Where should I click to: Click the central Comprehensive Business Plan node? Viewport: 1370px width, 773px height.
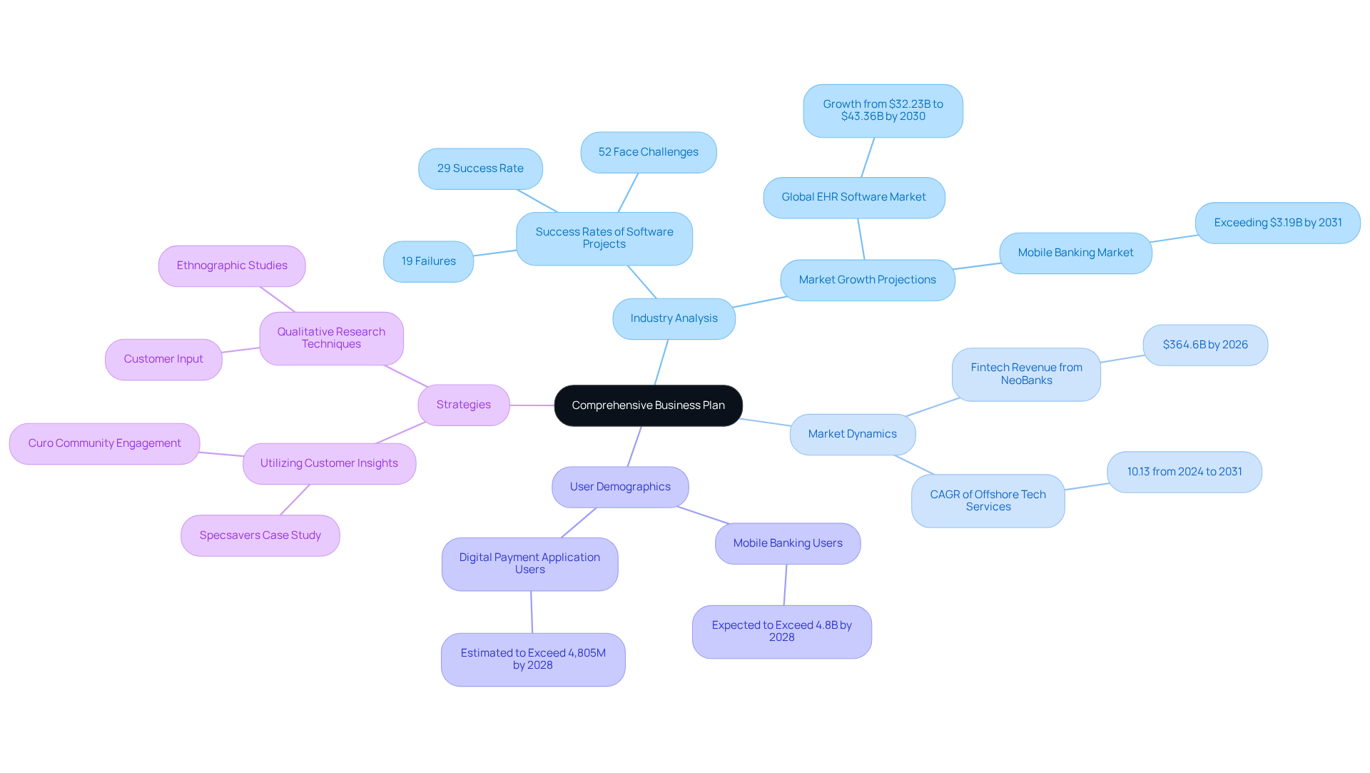[648, 405]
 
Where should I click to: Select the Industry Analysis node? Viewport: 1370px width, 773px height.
[674, 318]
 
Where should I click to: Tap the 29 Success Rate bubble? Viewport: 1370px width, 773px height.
[480, 168]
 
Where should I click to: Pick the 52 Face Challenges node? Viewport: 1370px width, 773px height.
[648, 152]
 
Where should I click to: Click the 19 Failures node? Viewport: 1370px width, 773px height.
[428, 261]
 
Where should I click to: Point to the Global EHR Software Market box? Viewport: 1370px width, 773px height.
[853, 197]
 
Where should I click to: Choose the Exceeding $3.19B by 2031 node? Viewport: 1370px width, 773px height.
[1277, 223]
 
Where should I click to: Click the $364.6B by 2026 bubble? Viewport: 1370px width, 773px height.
[1205, 345]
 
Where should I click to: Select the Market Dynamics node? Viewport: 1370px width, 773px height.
[852, 434]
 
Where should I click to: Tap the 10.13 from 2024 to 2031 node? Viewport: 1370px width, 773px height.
[1184, 472]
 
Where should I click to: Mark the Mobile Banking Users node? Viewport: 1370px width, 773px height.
[788, 543]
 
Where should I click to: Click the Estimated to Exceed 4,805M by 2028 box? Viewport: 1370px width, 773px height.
[533, 659]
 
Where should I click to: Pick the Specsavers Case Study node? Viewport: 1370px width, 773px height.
[260, 535]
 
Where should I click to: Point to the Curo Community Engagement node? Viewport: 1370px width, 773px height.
[104, 443]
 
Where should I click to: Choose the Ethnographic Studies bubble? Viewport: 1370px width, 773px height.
[232, 266]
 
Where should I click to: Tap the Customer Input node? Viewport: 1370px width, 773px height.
[163, 359]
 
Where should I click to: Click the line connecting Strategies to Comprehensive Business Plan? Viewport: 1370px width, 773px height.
[532, 405]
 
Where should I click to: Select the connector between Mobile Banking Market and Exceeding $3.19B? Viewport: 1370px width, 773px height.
[1174, 239]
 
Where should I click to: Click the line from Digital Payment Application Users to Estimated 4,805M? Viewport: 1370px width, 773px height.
[532, 612]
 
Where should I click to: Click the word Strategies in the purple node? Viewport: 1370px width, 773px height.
[463, 405]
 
